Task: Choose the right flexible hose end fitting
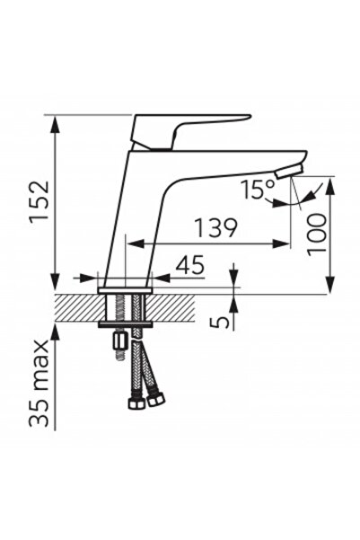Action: click(156, 396)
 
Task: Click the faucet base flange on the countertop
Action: click(125, 289)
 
